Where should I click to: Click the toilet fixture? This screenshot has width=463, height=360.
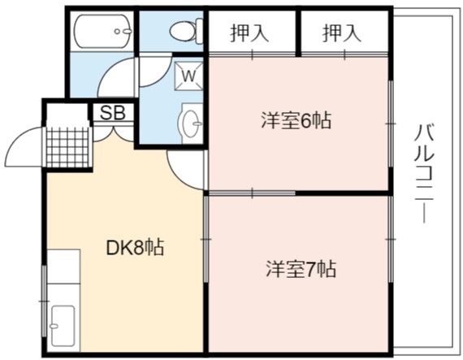pyautogui.click(x=186, y=30)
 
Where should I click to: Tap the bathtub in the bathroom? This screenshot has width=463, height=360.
pyautogui.click(x=103, y=31)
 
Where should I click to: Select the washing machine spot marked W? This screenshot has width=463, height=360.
pyautogui.click(x=188, y=76)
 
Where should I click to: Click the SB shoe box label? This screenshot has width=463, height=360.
pyautogui.click(x=113, y=112)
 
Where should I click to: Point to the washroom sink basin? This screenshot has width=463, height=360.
pyautogui.click(x=190, y=124)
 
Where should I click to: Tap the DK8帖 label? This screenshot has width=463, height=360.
pyautogui.click(x=135, y=248)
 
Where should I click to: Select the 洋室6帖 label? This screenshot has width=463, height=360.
pyautogui.click(x=296, y=120)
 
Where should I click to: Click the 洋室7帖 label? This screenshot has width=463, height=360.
pyautogui.click(x=301, y=269)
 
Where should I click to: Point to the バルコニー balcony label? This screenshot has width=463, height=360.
pyautogui.click(x=424, y=174)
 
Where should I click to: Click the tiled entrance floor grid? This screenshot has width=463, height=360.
pyautogui.click(x=67, y=147)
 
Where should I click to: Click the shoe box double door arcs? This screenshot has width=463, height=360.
pyautogui.click(x=114, y=134)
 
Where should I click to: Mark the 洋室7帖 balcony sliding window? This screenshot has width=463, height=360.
pyautogui.click(x=391, y=239)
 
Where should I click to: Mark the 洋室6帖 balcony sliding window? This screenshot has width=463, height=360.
pyautogui.click(x=391, y=124)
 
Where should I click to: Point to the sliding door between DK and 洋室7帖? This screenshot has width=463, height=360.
pyautogui.click(x=206, y=239)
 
